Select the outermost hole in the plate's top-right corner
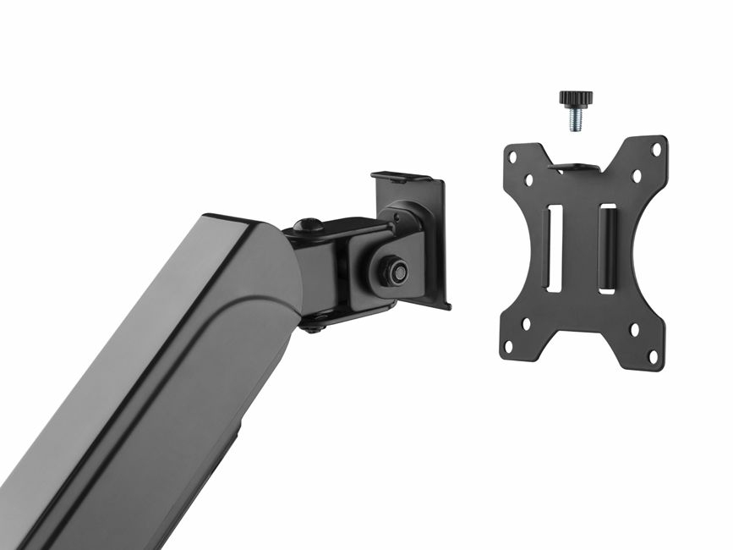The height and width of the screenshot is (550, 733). [656, 149]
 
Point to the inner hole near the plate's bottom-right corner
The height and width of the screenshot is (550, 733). [637, 332]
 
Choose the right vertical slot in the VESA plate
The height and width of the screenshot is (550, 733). [608, 249]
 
